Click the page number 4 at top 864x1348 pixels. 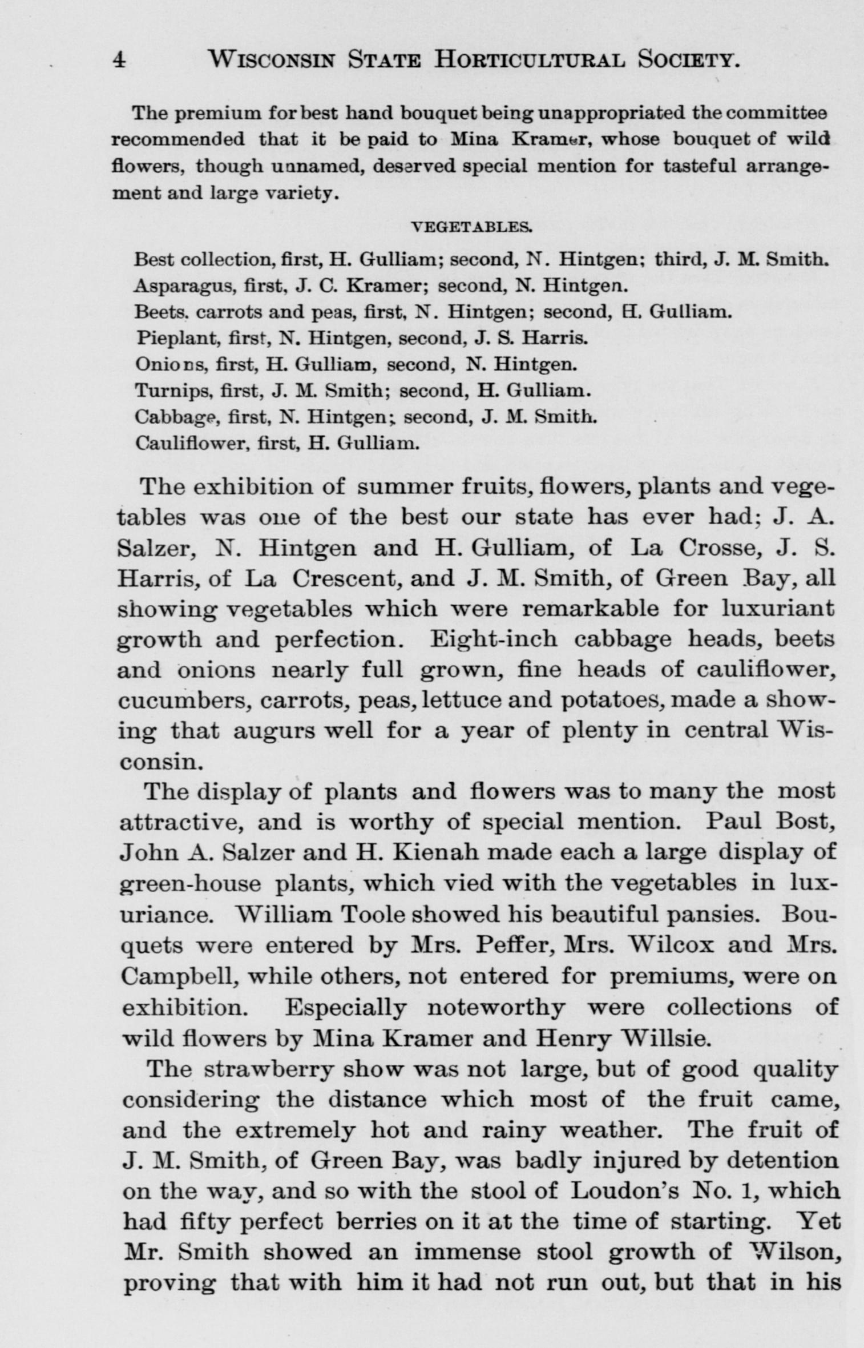(119, 59)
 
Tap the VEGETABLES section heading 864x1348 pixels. (473, 227)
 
